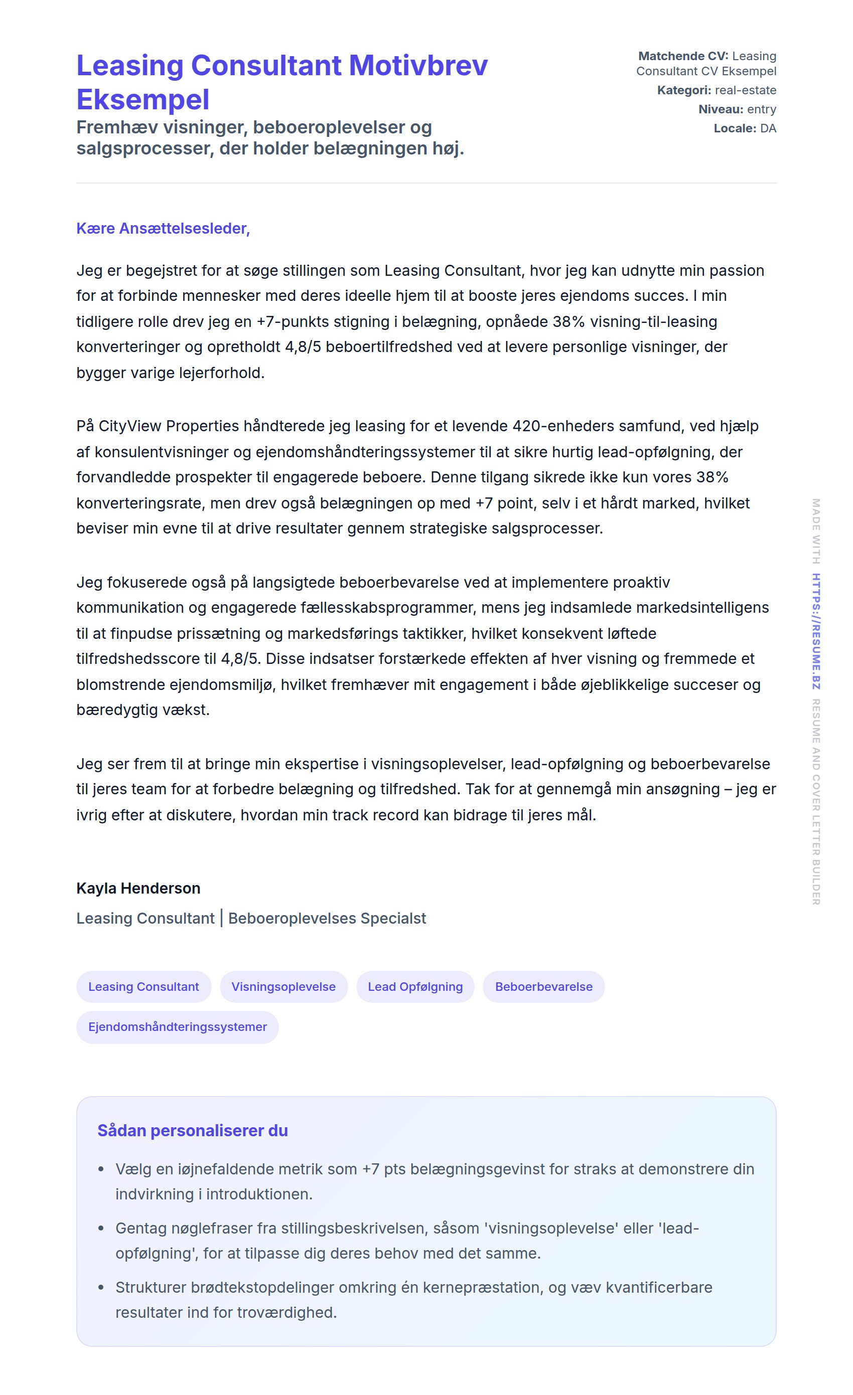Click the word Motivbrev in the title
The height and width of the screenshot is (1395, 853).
point(417,66)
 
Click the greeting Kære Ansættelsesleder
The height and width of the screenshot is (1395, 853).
point(163,228)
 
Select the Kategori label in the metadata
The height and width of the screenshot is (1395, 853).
point(683,90)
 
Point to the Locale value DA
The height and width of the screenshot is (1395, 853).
point(768,128)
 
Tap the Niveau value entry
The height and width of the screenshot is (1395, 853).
point(761,109)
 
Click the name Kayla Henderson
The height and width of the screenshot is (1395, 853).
point(138,888)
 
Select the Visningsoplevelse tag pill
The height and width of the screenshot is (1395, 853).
point(283,987)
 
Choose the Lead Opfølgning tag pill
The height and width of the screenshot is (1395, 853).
point(415,987)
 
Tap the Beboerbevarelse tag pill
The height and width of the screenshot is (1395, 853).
point(543,987)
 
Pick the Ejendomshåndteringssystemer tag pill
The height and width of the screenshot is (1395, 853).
point(177,1027)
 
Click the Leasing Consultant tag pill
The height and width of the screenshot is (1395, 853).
point(144,987)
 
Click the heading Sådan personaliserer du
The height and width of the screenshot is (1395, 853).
point(193,1131)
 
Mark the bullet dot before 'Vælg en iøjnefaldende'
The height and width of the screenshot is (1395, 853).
point(101,1169)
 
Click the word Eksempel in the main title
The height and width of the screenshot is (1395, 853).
point(143,100)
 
